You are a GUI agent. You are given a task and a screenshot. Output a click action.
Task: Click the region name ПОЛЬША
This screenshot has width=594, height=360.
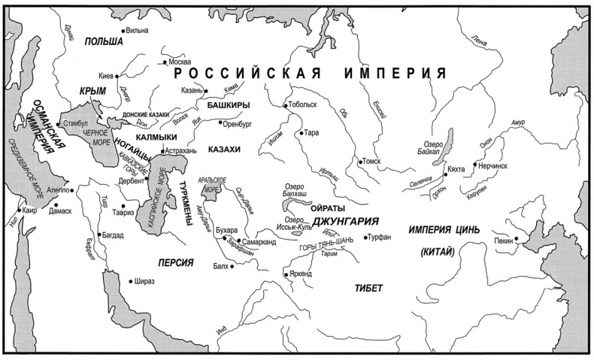104,41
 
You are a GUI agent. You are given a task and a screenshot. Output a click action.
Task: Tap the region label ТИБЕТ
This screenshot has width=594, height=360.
368,289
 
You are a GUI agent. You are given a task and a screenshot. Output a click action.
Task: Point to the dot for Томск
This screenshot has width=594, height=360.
361,161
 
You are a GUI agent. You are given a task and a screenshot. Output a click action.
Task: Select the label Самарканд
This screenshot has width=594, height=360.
260,242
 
